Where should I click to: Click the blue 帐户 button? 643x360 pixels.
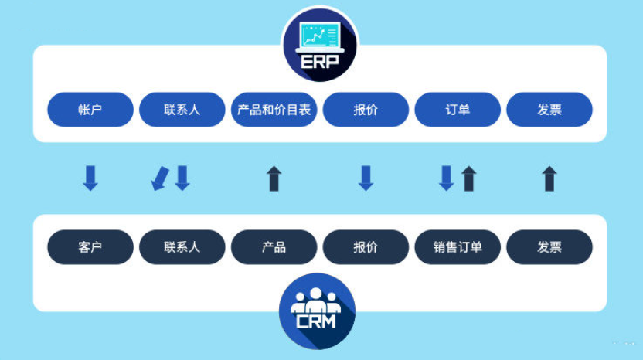(90, 110)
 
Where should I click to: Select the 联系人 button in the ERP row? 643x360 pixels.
(182, 110)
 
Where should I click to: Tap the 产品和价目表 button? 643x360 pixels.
(274, 110)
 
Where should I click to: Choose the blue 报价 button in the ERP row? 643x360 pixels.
(366, 110)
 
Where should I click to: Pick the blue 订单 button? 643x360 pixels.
(458, 110)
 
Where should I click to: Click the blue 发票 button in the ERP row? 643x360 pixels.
(549, 110)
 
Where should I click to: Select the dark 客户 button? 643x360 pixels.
(90, 247)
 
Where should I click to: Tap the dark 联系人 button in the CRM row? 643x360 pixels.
(182, 247)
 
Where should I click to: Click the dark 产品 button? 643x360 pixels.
(274, 247)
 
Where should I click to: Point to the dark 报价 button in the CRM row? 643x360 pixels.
(366, 247)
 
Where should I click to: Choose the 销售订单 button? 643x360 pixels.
(458, 247)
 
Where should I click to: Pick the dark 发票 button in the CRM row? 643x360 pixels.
(549, 247)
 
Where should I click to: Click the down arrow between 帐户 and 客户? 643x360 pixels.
(90, 178)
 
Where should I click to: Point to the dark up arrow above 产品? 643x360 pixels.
(274, 178)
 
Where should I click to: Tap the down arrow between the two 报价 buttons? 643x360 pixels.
(366, 178)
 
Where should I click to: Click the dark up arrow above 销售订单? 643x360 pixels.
(469, 178)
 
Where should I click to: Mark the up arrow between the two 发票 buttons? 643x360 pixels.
(549, 178)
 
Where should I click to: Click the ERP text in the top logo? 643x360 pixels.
(318, 62)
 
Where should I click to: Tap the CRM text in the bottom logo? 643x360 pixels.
(316, 320)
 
